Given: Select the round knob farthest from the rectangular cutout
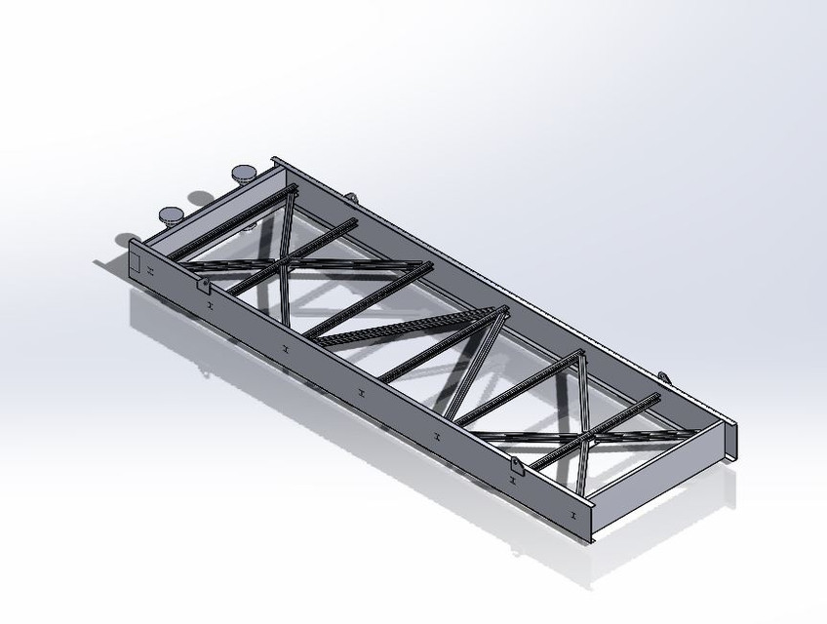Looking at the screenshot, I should point(245,175).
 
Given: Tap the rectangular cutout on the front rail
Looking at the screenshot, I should point(139,262).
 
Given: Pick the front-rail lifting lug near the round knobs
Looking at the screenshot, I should point(204,284).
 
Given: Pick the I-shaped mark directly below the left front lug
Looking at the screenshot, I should point(208,305).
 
